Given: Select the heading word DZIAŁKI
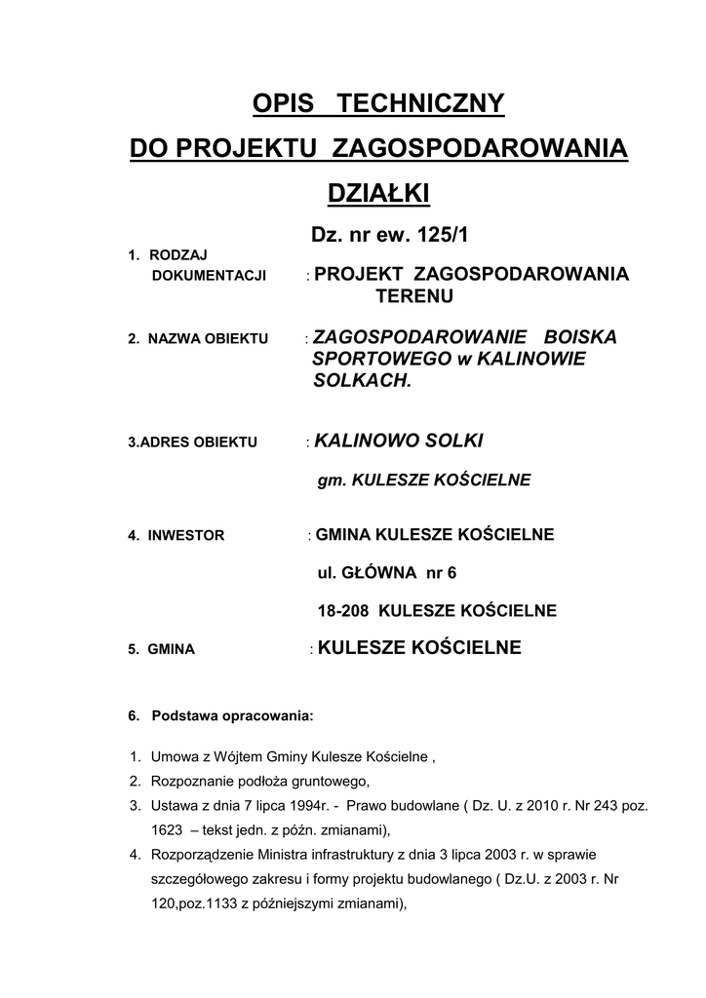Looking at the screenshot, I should coord(378,194).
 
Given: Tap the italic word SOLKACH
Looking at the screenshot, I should coord(363,381).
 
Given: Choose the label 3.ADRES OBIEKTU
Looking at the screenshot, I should coord(192,442).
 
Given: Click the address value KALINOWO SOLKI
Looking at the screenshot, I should coord(398,441).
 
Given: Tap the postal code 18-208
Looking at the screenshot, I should coord(342,611).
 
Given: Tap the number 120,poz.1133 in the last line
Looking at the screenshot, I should coord(194,903).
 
